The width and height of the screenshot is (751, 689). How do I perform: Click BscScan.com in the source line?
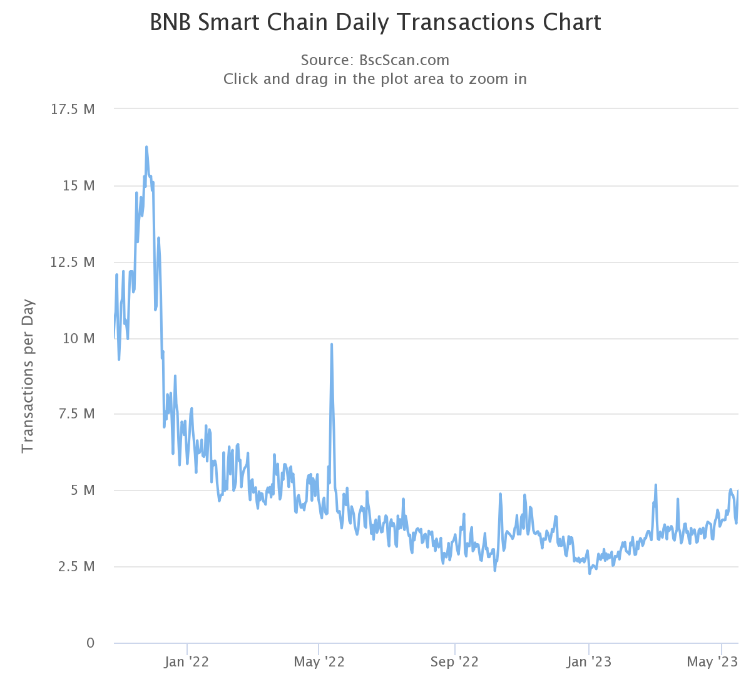pos(404,60)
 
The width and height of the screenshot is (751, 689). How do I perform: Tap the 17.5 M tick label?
pos(73,110)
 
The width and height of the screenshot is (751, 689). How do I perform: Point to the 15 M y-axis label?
pos(79,186)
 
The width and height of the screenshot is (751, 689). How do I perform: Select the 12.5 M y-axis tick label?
pos(73,262)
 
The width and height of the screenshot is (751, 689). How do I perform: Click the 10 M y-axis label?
pos(79,338)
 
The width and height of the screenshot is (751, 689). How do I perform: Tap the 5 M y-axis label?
pos(82,490)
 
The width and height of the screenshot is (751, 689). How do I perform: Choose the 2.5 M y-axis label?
pos(76,567)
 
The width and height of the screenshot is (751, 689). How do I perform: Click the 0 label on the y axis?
pos(91,643)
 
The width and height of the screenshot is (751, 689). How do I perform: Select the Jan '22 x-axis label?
pos(186,662)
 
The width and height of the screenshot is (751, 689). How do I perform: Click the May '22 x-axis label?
pos(319,662)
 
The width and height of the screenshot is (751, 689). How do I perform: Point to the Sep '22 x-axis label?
pos(454,662)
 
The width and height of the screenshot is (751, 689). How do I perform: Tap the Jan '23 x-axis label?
pos(589,662)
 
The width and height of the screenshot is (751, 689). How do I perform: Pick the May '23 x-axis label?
pos(712,662)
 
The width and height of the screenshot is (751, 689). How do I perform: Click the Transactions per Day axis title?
pos(28,376)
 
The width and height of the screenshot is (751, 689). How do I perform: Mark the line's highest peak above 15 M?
pos(146,147)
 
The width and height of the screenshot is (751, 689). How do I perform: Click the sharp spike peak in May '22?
pos(332,344)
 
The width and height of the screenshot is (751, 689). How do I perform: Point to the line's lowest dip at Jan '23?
pos(590,573)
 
